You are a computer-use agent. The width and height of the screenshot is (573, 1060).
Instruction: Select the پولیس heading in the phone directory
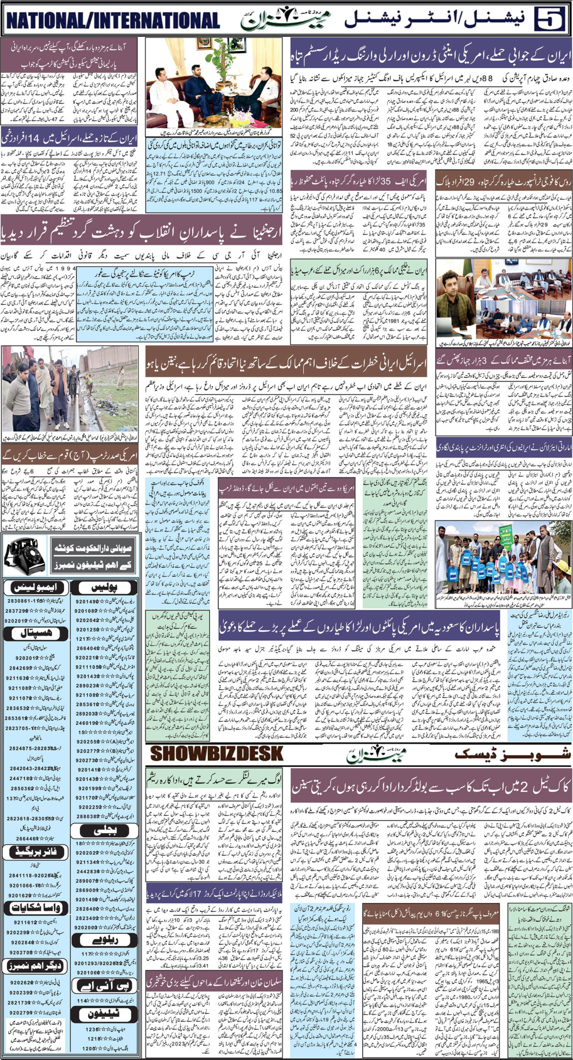point(105,588)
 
